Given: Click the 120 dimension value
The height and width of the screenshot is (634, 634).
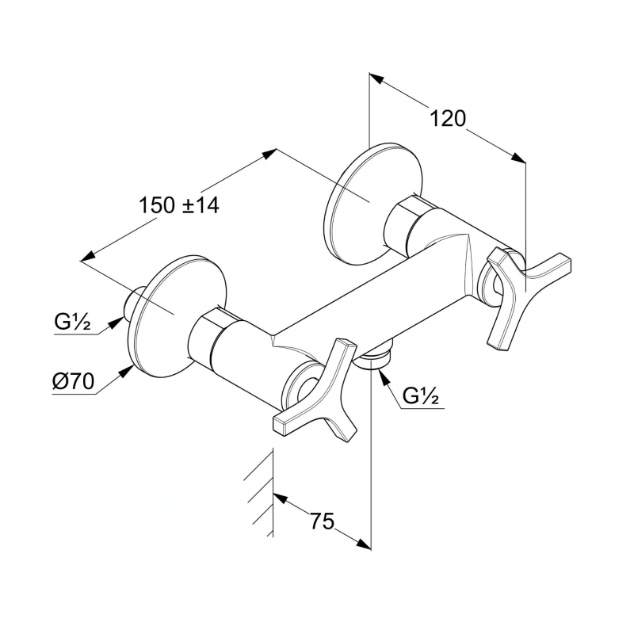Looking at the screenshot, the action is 448,118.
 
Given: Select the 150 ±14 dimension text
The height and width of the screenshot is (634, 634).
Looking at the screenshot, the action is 179,205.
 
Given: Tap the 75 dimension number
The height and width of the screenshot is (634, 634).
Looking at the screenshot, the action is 323,521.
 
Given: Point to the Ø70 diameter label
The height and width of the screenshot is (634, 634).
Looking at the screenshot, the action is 73,381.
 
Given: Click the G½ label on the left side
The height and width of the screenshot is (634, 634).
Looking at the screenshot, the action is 72,323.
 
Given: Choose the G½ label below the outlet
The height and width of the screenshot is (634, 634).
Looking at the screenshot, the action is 421,397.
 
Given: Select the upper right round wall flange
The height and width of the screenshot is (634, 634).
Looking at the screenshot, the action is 375,204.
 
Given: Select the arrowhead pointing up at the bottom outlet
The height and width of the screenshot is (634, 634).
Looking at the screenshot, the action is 383,376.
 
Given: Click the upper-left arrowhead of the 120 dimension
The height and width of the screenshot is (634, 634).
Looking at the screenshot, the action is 376,78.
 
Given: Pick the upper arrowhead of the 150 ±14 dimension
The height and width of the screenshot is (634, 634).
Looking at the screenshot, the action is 269,154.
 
